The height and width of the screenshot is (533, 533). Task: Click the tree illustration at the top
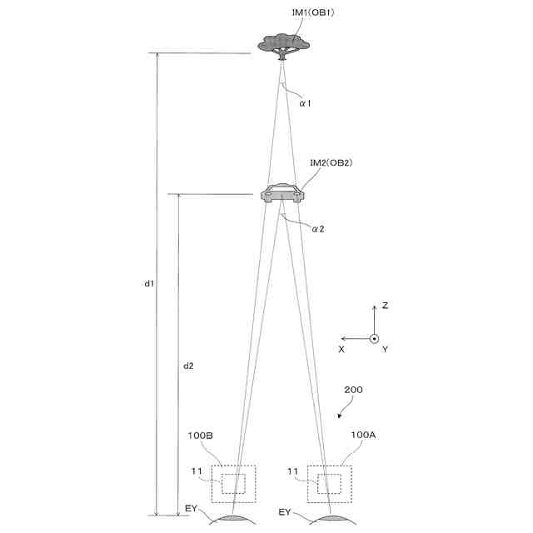pyautogui.click(x=283, y=43)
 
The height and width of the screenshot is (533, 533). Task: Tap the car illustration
pyautogui.click(x=282, y=193)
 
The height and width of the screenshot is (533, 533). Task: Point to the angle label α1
pyautogui.click(x=306, y=104)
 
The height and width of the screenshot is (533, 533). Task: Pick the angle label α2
pyautogui.click(x=317, y=229)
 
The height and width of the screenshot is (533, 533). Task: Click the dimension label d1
pyautogui.click(x=149, y=283)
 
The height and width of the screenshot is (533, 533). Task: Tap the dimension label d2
pyautogui.click(x=188, y=366)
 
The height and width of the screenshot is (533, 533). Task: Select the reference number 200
pyautogui.click(x=353, y=390)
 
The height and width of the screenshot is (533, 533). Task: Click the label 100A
pyautogui.click(x=364, y=435)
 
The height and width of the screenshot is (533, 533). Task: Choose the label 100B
pyautogui.click(x=201, y=435)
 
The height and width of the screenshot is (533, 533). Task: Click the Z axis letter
pyautogui.click(x=385, y=306)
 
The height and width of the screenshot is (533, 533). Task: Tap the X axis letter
pyautogui.click(x=341, y=350)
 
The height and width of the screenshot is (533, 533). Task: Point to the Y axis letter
pyautogui.click(x=385, y=350)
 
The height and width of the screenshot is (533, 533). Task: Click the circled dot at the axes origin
pyautogui.click(x=375, y=338)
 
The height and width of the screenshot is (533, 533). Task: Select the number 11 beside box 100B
pyautogui.click(x=197, y=471)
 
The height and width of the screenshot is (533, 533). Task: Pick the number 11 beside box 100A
pyautogui.click(x=292, y=471)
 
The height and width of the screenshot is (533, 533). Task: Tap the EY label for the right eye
pyautogui.click(x=285, y=511)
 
